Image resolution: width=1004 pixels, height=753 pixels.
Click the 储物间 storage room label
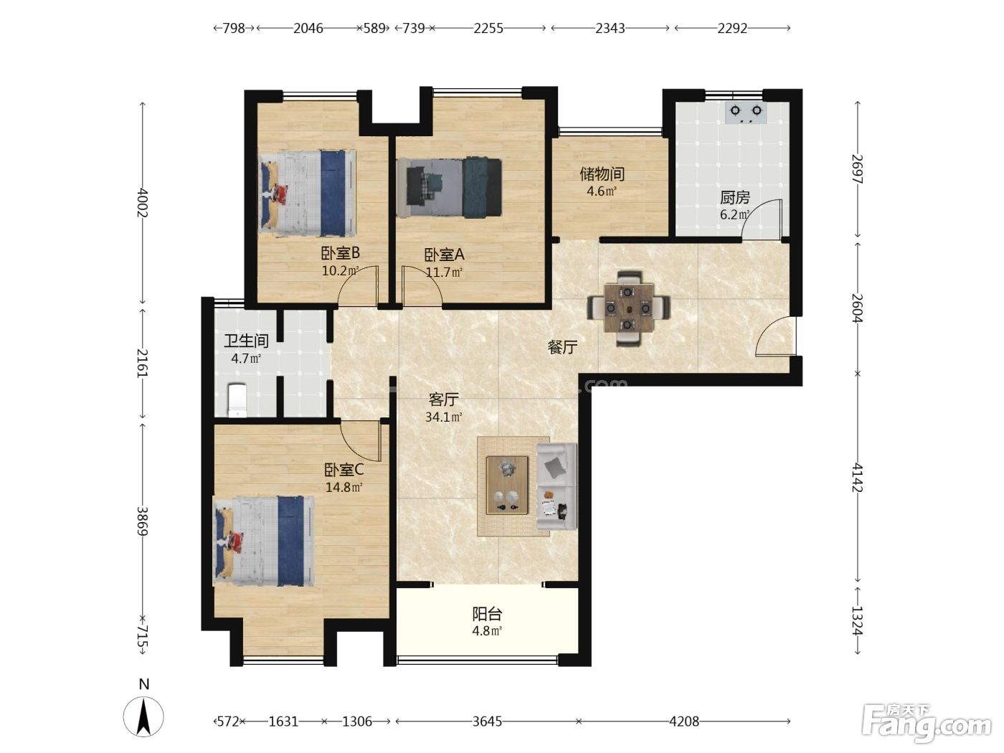point(602,174)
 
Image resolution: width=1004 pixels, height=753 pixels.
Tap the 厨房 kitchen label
point(735,197)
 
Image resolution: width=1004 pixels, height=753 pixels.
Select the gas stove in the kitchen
point(746,113)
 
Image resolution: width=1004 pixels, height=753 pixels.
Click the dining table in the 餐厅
point(628,308)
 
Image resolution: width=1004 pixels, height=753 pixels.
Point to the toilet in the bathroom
point(237,400)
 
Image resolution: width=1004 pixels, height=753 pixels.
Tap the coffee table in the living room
point(507,485)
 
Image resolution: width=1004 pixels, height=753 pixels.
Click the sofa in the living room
point(557,486)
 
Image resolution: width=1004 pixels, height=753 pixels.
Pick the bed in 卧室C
point(264,541)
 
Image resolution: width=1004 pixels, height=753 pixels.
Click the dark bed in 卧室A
point(449,187)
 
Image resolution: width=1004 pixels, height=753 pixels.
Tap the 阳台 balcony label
point(487,614)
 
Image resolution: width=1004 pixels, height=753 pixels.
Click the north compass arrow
point(143,716)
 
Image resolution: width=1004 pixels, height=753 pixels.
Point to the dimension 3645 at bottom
point(487,721)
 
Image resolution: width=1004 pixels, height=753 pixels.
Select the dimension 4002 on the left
point(142,202)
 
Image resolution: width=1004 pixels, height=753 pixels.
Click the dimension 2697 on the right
point(857,169)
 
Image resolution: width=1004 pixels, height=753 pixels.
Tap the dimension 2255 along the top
point(488,29)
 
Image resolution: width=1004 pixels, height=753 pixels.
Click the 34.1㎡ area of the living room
point(444,417)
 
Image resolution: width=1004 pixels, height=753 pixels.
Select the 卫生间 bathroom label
point(246,341)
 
